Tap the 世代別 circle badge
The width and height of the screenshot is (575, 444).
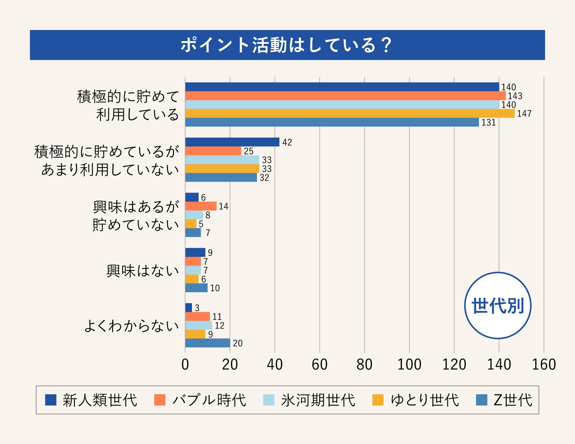[498, 306]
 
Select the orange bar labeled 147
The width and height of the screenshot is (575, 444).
[350, 113]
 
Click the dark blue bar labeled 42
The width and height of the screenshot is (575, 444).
[232, 142]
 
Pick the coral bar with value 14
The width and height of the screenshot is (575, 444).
[201, 206]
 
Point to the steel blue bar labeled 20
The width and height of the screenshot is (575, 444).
[208, 343]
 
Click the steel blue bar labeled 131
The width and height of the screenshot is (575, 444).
[332, 122]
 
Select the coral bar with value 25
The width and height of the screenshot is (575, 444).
[213, 151]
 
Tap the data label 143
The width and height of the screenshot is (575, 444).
[515, 96]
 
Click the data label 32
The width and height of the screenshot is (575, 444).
[264, 178]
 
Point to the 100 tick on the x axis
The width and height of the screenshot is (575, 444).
[409, 364]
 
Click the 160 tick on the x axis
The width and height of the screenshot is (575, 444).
[543, 364]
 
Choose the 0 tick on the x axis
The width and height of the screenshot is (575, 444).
[185, 364]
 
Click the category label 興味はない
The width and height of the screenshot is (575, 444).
[143, 271]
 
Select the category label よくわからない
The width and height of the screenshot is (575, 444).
[131, 326]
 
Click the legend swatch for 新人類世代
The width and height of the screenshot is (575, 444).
[51, 400]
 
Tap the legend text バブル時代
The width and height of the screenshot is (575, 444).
[209, 400]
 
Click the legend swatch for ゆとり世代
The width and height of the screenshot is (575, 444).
[378, 400]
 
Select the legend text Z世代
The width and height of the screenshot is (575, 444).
[513, 400]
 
